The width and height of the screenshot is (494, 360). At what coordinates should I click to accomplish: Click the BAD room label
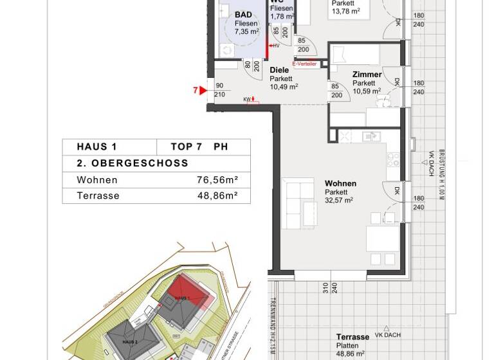click(x=243, y=14)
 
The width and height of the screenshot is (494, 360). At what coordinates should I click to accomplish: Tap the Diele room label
click(x=279, y=70)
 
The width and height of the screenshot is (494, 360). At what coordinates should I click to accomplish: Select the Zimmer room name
click(x=367, y=75)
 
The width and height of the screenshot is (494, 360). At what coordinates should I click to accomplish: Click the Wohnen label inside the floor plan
click(x=340, y=183)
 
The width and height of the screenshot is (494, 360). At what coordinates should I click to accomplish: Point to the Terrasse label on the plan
click(x=352, y=337)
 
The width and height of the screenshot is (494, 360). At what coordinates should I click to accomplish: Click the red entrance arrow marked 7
click(x=203, y=91)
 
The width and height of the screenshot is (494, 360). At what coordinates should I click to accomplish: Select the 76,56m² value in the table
click(x=217, y=180)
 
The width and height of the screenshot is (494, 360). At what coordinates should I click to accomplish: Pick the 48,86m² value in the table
click(x=217, y=195)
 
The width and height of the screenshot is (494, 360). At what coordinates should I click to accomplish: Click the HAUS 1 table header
click(x=96, y=147)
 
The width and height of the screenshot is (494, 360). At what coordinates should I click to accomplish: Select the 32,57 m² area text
click(x=339, y=201)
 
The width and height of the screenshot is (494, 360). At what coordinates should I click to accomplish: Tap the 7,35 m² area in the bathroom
click(x=246, y=31)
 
